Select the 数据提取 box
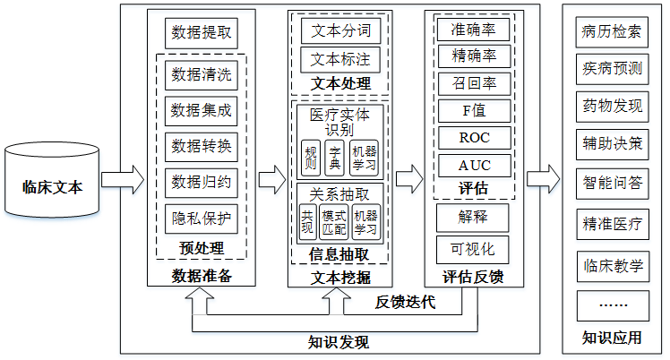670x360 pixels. click(x=201, y=34)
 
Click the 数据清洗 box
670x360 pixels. click(x=201, y=73)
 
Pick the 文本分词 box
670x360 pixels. click(x=339, y=30)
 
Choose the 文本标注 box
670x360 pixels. click(x=339, y=61)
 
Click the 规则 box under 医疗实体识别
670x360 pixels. click(x=310, y=159)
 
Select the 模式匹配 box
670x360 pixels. click(x=333, y=222)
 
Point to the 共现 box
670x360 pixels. click(x=307, y=222)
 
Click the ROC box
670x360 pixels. click(x=474, y=139)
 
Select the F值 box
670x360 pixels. click(x=474, y=111)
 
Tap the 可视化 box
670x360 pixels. click(x=474, y=248)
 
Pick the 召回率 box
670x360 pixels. click(x=474, y=84)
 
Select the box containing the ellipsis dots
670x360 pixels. click(x=612, y=305)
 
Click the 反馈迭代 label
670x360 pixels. click(x=405, y=303)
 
